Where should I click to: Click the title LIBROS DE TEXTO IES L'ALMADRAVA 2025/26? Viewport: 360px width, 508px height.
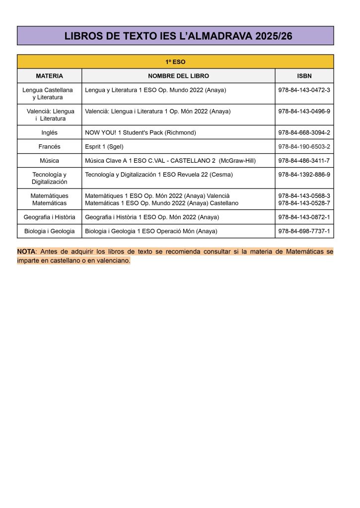175,36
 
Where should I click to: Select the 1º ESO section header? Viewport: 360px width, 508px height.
175,62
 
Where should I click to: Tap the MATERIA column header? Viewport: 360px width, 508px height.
49,76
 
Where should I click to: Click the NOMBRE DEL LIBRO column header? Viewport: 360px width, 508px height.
178,76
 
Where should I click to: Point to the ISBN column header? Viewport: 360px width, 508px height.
304,76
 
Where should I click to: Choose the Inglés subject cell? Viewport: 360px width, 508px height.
49,132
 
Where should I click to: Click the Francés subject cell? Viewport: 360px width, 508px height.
49,147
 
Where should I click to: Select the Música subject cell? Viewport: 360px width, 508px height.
49,161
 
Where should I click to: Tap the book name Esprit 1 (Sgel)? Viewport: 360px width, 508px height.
104,147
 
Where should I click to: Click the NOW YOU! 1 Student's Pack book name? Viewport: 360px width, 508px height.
141,132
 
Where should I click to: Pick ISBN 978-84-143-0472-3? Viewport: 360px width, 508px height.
304,90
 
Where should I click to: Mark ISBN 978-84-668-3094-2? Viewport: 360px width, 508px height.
304,132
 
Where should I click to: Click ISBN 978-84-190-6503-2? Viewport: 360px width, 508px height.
304,147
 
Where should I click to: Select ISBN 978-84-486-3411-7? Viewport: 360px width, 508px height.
304,161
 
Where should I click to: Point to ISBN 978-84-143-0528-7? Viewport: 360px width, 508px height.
304,203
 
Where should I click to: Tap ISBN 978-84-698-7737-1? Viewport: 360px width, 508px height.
304,231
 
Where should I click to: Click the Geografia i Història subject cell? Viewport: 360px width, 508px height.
49,217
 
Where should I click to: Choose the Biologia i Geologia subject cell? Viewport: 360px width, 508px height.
49,231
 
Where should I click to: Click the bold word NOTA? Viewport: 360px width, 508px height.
26,252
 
